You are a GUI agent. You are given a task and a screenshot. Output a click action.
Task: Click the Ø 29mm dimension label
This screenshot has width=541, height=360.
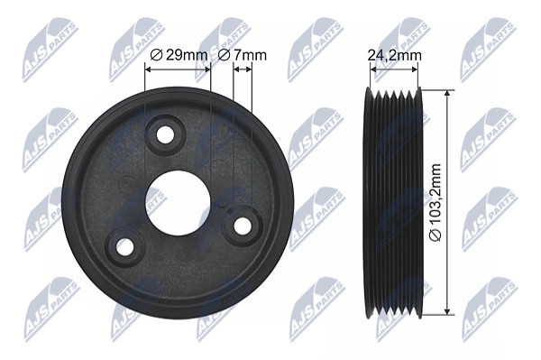point(179,55)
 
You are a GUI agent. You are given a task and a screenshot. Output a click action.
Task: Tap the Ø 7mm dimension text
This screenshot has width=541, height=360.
point(243,55)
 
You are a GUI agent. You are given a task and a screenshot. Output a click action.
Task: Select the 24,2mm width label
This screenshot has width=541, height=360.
point(394,55)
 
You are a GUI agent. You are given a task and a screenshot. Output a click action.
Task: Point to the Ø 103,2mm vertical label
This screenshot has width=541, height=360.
point(436,203)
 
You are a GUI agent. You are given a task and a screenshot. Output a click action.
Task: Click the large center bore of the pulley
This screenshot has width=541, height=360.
point(178,203)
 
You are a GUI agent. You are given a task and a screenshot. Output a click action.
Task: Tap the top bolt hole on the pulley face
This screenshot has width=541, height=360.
point(165,134)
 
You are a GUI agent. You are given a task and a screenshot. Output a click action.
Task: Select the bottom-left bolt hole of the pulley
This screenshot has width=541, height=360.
point(124,247)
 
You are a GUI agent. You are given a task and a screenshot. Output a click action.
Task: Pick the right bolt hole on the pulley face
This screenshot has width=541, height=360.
point(243,226)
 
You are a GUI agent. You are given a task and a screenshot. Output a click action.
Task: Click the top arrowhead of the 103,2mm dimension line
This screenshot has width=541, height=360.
point(447,94)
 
